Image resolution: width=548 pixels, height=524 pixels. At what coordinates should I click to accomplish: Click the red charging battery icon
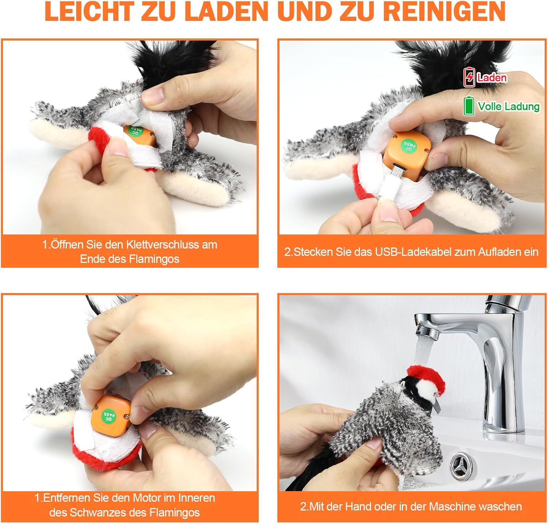(469, 77)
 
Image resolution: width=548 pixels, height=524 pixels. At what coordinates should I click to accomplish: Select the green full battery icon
(468, 106)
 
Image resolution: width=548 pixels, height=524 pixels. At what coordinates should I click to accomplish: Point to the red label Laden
(492, 77)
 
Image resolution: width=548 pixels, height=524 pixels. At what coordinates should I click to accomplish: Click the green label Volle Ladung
(509, 106)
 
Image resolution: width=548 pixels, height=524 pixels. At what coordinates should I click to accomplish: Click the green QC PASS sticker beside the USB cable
(408, 145)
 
